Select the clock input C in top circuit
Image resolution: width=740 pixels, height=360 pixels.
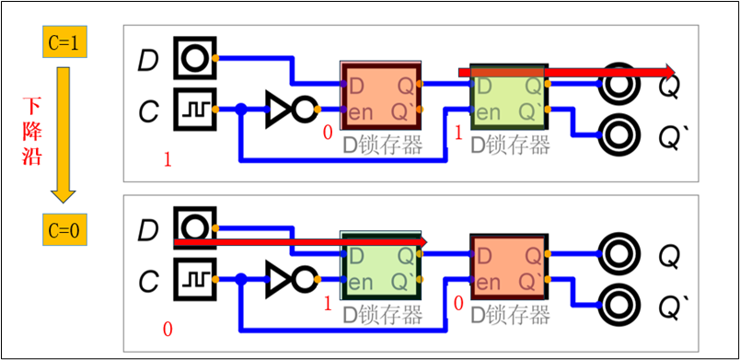(193, 109)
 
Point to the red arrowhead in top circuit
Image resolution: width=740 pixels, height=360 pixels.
(668, 72)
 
